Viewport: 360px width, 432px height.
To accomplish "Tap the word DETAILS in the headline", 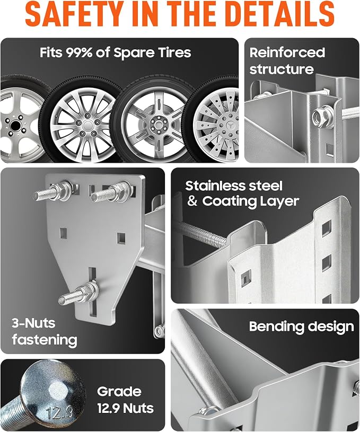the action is click(x=281, y=14).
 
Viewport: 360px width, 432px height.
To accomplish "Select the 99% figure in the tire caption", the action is click(x=79, y=52).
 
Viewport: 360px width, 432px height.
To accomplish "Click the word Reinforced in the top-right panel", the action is click(x=287, y=52).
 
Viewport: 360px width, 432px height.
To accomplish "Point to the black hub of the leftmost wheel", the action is click(x=15, y=126).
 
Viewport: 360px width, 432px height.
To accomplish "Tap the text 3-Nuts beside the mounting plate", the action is click(x=33, y=323).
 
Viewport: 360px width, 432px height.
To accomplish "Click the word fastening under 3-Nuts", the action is click(x=45, y=340).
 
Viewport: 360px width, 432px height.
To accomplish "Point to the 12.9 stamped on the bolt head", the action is click(x=59, y=412).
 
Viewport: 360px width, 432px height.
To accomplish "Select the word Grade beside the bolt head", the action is click(x=119, y=392).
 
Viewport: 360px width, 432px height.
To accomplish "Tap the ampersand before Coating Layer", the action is click(x=192, y=201).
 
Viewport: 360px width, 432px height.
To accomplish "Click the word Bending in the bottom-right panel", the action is click(x=276, y=327).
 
